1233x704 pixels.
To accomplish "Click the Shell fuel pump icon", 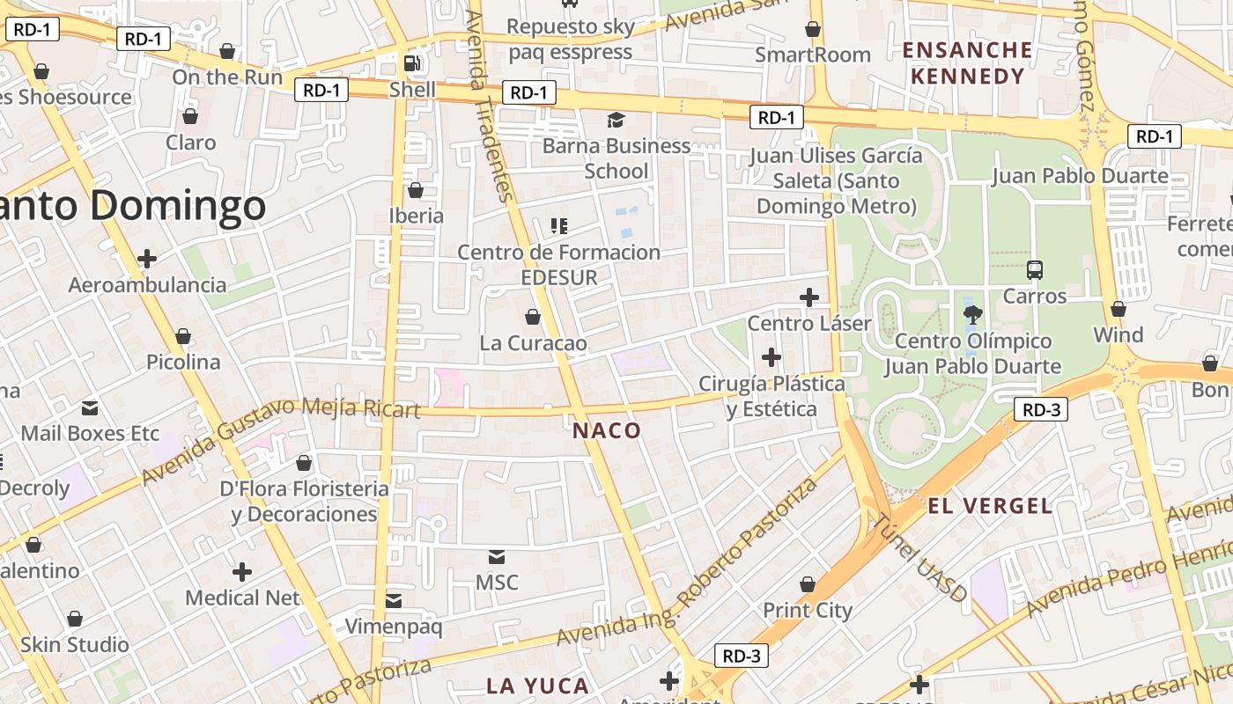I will coord(410,63).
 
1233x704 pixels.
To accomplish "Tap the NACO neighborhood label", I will coord(607,430).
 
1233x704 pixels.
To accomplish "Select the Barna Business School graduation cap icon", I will coord(616,119).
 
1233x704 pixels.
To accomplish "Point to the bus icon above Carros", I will coord(1035,270).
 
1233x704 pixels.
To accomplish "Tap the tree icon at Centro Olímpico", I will coord(973,314).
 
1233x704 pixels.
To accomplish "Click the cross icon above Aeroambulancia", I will coord(147,259).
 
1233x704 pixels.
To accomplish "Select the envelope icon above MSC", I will coord(497,556).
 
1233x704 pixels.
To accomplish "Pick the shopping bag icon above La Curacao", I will coord(533,316).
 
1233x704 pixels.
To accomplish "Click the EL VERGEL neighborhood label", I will coord(990,506).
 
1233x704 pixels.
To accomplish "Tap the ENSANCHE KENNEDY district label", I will coord(967,62).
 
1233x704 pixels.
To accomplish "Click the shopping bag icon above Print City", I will coord(808,584).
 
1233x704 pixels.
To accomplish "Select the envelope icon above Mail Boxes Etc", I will coord(90,407).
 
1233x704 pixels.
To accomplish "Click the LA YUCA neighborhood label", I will coord(537,686).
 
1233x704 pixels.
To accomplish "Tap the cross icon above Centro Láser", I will coord(808,297).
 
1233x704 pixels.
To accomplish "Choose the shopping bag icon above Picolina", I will coord(183,336).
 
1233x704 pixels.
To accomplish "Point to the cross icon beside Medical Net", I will coord(242,572).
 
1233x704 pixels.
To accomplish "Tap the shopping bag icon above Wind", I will coord(1119,309).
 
